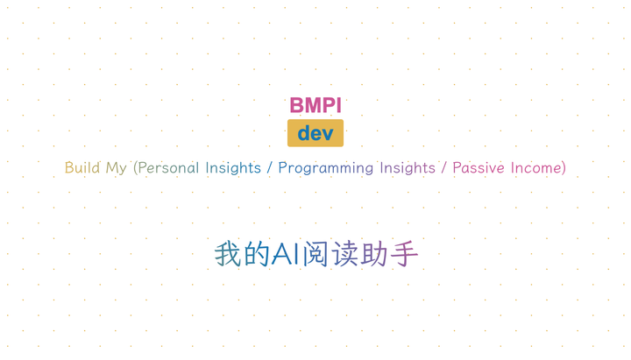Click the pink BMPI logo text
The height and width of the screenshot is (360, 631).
[315, 105]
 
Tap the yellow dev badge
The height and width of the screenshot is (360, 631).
[315, 133]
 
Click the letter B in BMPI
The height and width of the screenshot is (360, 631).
[297, 105]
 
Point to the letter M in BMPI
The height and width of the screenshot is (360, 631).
[312, 105]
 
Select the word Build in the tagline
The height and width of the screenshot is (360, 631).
[82, 167]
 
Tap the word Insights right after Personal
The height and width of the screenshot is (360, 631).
[233, 167]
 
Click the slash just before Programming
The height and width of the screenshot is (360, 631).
[270, 167]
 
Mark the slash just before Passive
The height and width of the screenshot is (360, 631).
[444, 167]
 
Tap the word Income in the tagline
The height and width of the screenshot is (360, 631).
[536, 167]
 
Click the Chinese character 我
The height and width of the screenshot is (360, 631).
[228, 254]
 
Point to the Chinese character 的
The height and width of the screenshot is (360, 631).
[257, 254]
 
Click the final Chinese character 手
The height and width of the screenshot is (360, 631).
[404, 254]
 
